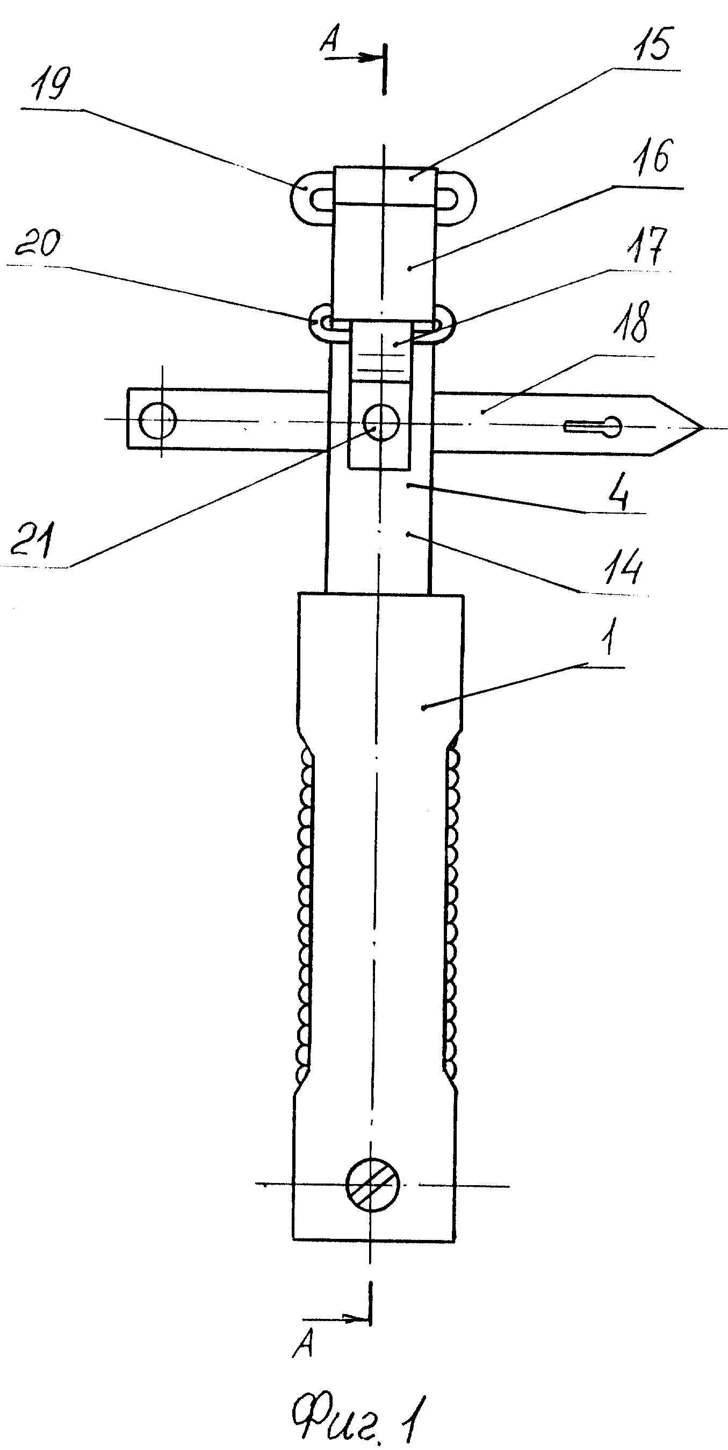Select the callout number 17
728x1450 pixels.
[x=648, y=246]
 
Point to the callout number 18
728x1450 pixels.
[x=634, y=322]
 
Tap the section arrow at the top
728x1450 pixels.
[x=352, y=57]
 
